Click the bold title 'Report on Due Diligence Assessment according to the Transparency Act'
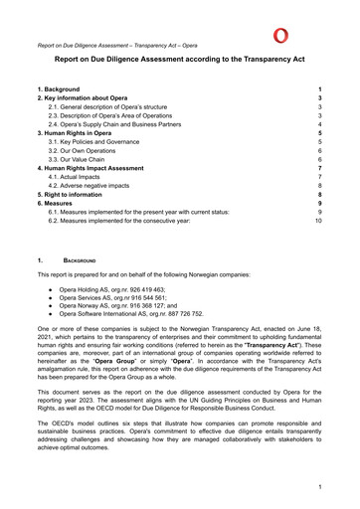coord(180,62)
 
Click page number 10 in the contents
coord(318,221)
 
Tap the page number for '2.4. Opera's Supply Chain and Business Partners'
coord(319,124)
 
